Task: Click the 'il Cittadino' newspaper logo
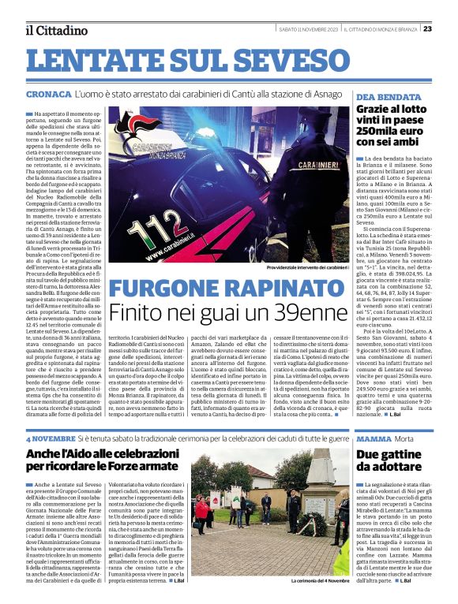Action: point(55,30)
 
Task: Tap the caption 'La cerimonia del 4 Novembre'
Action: point(319,581)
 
